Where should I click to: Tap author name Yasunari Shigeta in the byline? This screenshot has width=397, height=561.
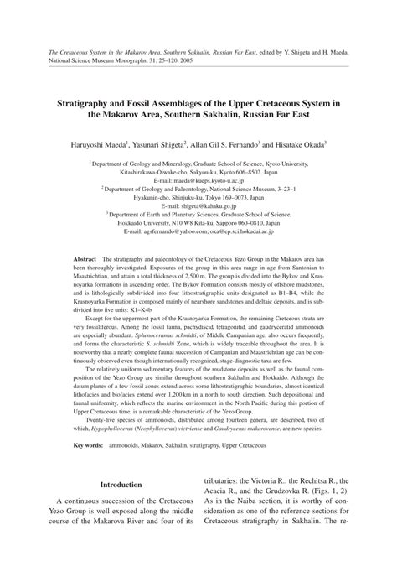tap(173, 144)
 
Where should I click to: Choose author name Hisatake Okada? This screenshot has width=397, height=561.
tap(309, 144)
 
